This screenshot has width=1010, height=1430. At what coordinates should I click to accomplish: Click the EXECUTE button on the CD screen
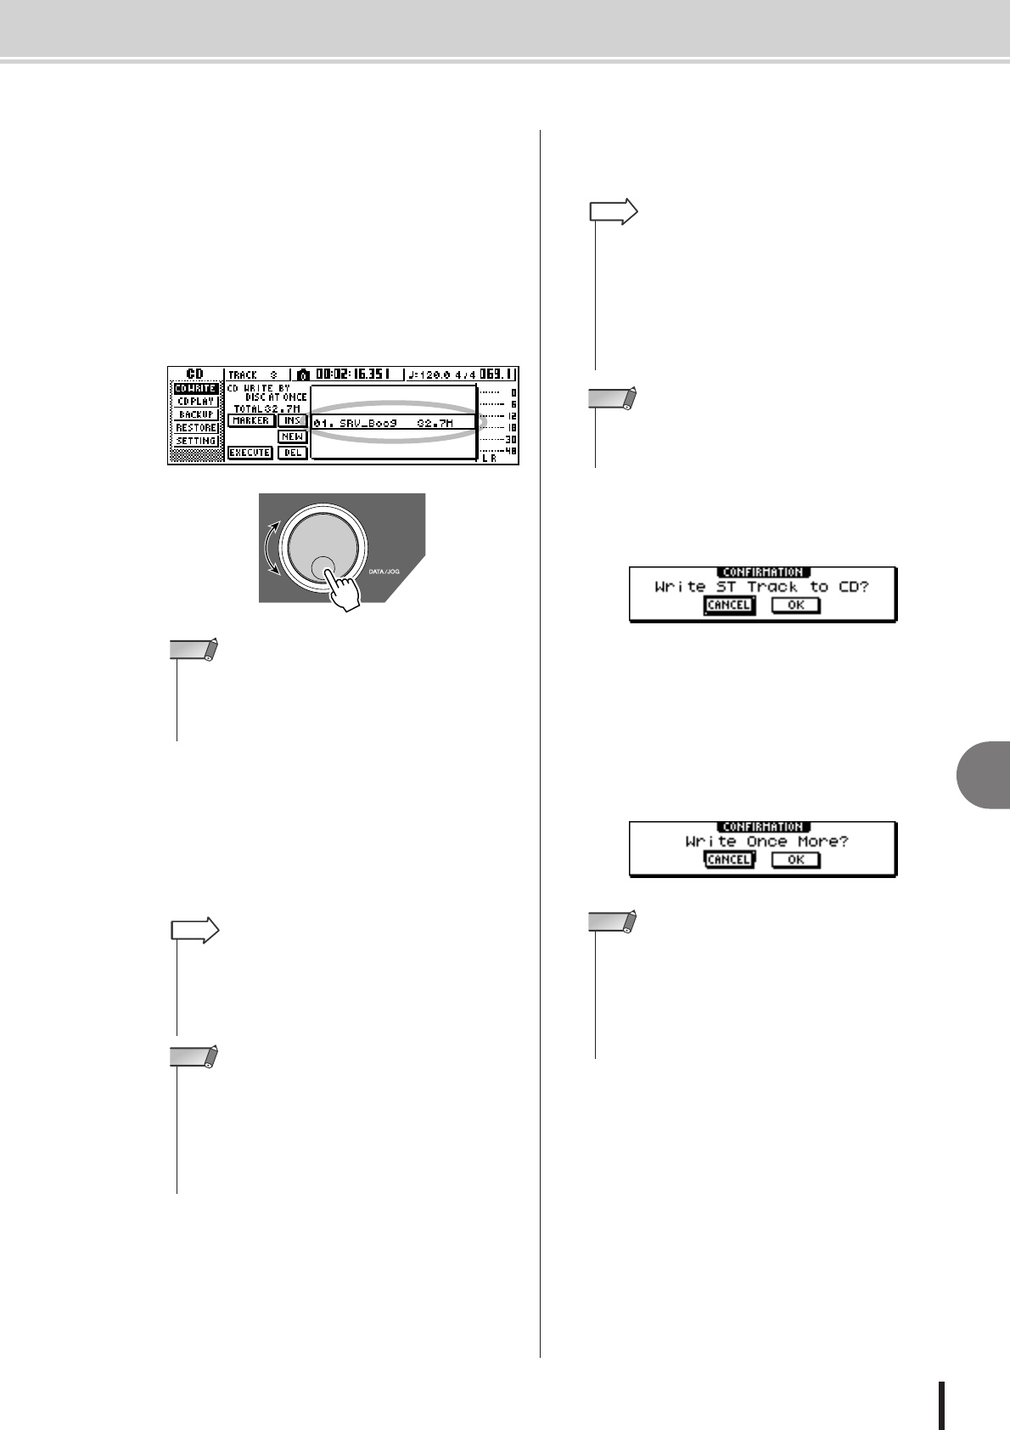tap(250, 453)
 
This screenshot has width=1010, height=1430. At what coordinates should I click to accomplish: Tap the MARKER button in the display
tap(250, 420)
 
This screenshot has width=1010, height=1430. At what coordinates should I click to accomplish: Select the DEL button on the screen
tap(292, 453)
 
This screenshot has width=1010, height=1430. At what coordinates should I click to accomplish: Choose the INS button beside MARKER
tap(292, 420)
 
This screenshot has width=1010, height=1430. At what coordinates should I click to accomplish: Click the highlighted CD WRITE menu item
tap(196, 388)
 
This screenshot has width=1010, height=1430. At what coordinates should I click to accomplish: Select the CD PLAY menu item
tap(196, 401)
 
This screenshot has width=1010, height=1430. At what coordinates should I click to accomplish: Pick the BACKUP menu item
tap(196, 414)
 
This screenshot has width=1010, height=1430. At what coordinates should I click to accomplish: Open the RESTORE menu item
tap(196, 427)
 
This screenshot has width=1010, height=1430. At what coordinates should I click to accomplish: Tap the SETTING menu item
tap(196, 441)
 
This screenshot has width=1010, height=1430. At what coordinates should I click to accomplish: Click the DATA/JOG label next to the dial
tap(384, 571)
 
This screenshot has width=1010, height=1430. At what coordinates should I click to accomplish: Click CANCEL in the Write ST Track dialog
tap(728, 605)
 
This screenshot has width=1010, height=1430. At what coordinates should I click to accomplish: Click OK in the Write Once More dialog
tap(795, 859)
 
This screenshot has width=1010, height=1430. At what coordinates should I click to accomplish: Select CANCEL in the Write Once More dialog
tap(728, 859)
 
